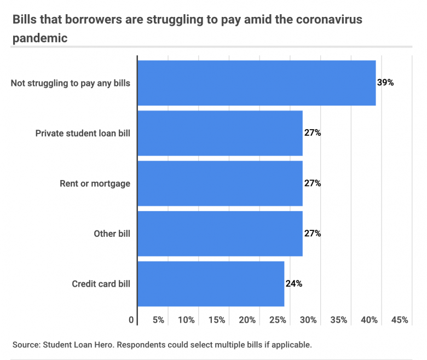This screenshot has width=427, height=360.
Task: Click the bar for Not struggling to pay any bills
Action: click(256, 83)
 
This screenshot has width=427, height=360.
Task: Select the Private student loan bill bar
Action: click(220, 133)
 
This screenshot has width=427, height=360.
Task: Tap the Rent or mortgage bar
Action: click(220, 183)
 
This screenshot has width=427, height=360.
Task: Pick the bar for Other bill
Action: click(220, 234)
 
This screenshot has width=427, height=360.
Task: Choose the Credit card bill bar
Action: click(211, 283)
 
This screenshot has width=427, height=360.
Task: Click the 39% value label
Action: click(385, 83)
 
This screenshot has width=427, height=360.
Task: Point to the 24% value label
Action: click(294, 283)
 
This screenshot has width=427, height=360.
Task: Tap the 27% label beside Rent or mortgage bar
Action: click(313, 183)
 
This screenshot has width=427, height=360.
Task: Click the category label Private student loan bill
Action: click(83, 133)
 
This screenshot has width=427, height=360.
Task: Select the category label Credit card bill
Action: click(101, 283)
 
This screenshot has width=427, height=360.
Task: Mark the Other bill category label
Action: click(112, 234)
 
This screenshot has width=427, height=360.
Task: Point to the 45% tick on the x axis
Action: click(400, 320)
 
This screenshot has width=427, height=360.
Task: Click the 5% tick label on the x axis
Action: click(159, 320)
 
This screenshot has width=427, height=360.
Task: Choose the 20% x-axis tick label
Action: click(247, 320)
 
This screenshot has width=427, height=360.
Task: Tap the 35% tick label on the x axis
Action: click(339, 320)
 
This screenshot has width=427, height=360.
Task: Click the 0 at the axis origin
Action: click(131, 320)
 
